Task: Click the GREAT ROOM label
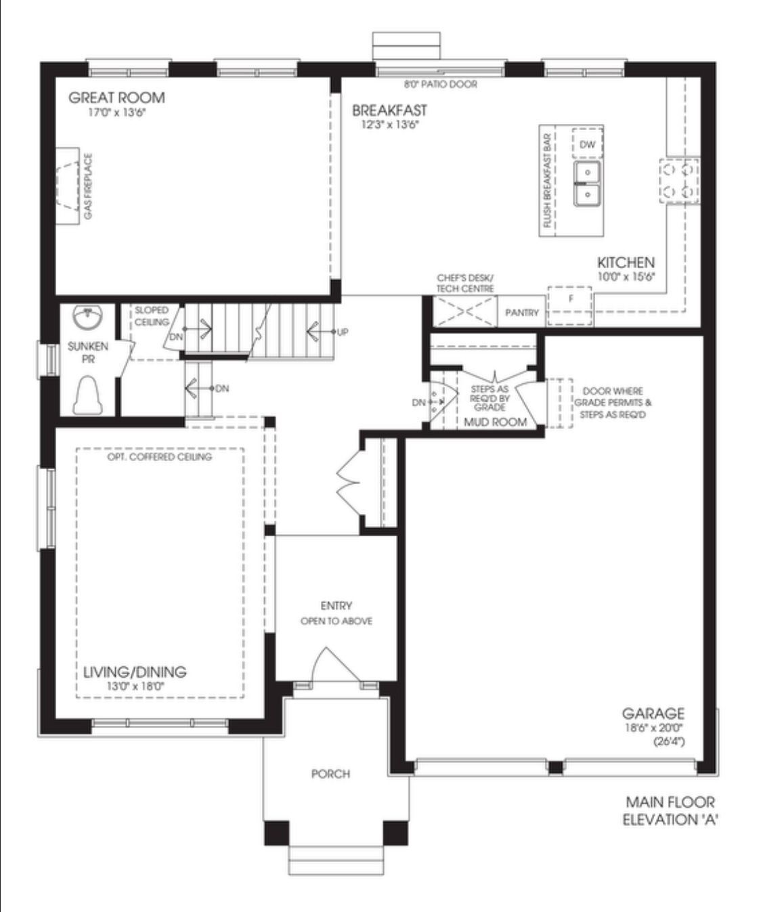(x=116, y=97)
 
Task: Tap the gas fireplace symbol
(x=68, y=186)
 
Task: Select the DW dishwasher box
(x=587, y=144)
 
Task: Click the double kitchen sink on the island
(x=588, y=183)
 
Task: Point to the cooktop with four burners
(x=678, y=181)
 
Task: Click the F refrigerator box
(x=569, y=306)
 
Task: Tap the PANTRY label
(x=521, y=313)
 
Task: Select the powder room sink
(x=87, y=316)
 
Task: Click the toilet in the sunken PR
(x=88, y=395)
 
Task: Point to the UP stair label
(x=343, y=332)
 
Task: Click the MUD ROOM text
(x=495, y=422)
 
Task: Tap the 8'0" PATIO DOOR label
(x=441, y=84)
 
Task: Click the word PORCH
(x=330, y=774)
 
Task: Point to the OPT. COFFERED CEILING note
(x=159, y=456)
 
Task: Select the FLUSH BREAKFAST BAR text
(x=547, y=181)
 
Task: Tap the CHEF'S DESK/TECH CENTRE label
(x=465, y=283)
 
